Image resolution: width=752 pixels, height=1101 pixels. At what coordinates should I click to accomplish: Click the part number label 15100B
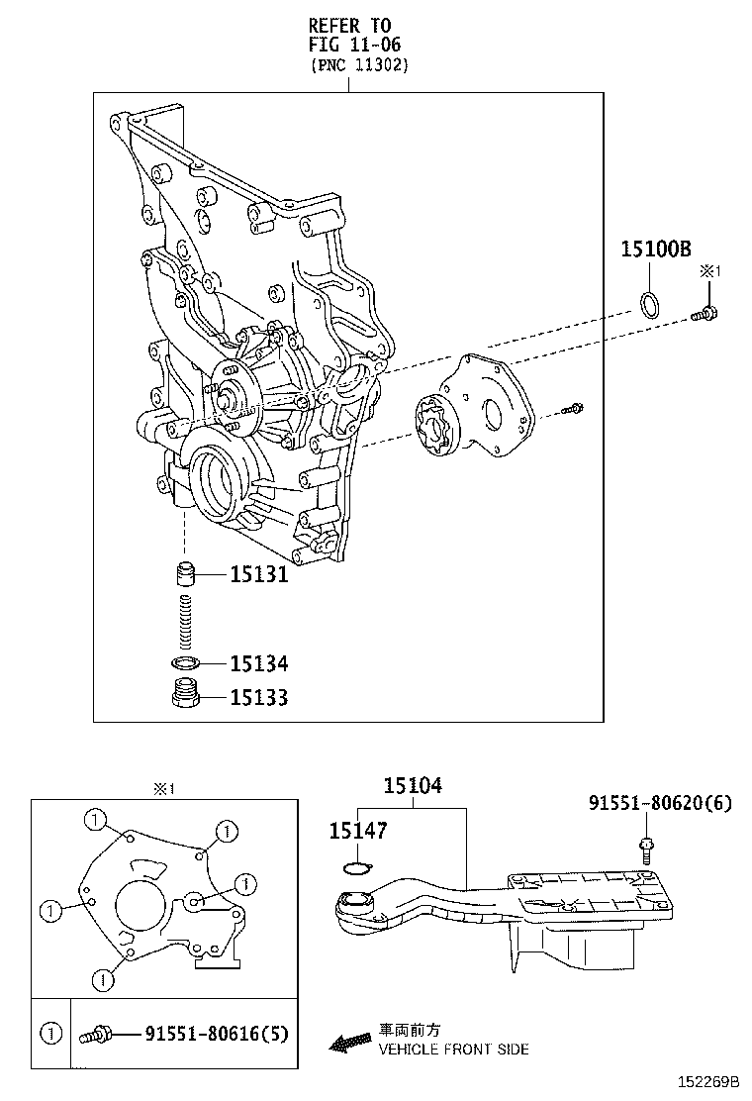pyautogui.click(x=655, y=250)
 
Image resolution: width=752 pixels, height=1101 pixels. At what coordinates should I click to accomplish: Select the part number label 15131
pyautogui.click(x=258, y=574)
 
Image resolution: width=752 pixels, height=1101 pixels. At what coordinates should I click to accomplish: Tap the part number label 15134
pyautogui.click(x=258, y=663)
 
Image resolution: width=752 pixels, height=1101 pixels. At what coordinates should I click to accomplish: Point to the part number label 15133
pyautogui.click(x=258, y=698)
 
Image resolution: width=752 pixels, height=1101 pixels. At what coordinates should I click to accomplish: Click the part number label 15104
pyautogui.click(x=413, y=786)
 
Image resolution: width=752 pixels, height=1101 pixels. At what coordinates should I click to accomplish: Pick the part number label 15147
pyautogui.click(x=357, y=833)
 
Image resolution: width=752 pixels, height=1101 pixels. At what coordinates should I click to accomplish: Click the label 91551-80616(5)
pyautogui.click(x=216, y=1035)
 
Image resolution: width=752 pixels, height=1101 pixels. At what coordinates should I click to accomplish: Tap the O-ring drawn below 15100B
pyautogui.click(x=649, y=305)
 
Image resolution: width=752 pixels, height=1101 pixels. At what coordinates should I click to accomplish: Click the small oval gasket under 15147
pyautogui.click(x=354, y=869)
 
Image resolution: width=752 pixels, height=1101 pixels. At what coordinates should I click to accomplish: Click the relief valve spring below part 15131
pyautogui.click(x=184, y=620)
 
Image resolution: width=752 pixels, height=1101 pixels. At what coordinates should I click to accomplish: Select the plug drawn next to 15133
pyautogui.click(x=185, y=695)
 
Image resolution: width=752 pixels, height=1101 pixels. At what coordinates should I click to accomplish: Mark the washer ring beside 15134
pyautogui.click(x=185, y=662)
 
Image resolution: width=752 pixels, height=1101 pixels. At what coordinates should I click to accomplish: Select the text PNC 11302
pyautogui.click(x=358, y=65)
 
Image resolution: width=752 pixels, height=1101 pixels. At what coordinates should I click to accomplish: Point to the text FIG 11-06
pyautogui.click(x=354, y=44)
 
